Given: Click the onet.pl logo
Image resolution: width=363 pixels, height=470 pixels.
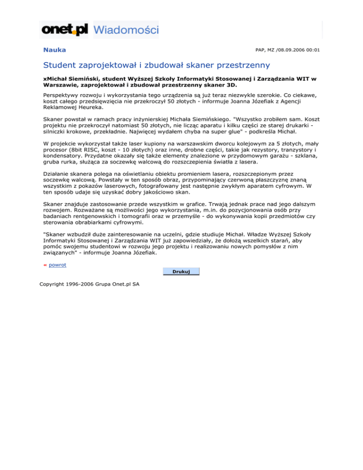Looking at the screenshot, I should (65, 30).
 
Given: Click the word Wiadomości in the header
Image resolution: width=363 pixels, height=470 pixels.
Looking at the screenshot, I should (126, 30).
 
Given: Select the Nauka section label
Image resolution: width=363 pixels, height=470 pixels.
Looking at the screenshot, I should (54, 50).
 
